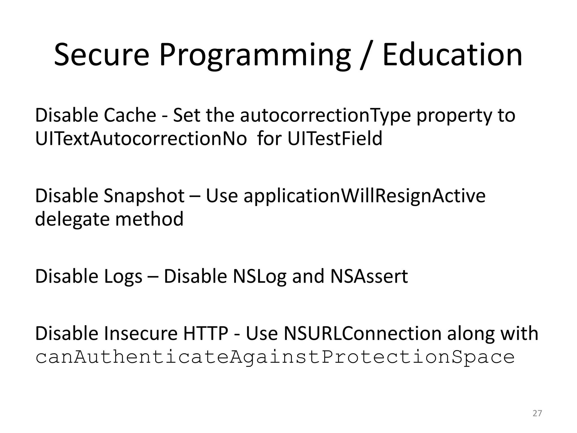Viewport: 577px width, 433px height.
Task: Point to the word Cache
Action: [130, 115]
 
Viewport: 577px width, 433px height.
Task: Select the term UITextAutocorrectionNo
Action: [141, 138]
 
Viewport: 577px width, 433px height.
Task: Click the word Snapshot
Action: [144, 196]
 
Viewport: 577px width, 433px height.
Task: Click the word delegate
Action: [72, 219]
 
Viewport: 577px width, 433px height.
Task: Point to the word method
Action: [149, 219]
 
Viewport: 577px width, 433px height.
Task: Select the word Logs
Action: [123, 276]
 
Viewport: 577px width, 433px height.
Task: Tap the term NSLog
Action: [259, 276]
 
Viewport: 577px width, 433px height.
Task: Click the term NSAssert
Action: [369, 276]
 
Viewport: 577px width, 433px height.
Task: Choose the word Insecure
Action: [141, 333]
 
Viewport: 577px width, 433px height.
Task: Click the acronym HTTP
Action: [206, 333]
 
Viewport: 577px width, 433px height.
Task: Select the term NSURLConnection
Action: [363, 333]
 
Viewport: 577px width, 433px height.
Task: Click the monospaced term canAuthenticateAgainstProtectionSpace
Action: [275, 357]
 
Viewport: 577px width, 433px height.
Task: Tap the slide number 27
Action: [537, 413]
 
